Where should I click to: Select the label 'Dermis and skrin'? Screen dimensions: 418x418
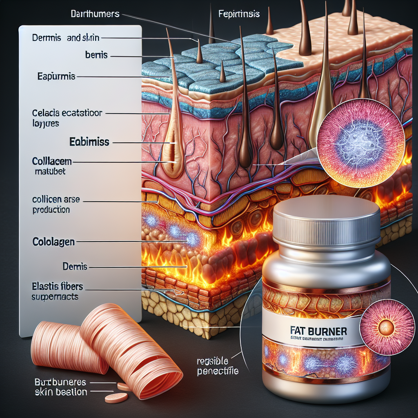click(x=65, y=38)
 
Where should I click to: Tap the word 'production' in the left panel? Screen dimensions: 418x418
click(x=51, y=210)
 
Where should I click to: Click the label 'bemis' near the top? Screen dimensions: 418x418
click(x=96, y=55)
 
